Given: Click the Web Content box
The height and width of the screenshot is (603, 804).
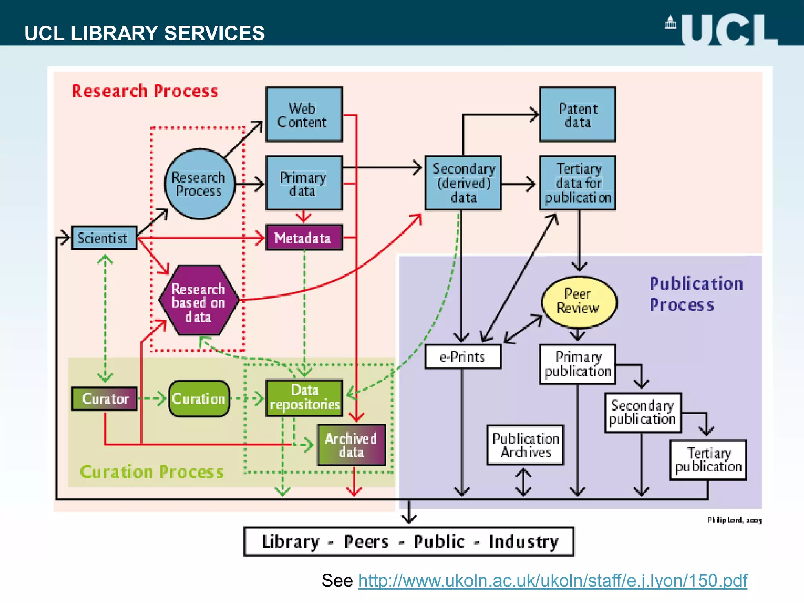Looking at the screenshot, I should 304,114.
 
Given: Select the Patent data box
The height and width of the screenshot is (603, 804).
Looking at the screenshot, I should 577,114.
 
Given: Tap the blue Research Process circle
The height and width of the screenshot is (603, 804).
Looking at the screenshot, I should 199,184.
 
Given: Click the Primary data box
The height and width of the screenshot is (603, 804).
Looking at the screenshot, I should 304,183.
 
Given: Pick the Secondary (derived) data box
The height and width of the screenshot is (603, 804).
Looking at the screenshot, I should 463,183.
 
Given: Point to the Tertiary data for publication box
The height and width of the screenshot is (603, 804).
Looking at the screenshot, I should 577,183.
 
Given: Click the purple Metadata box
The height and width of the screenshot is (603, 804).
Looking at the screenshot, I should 304,238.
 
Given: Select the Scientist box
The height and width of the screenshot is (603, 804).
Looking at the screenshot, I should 104,238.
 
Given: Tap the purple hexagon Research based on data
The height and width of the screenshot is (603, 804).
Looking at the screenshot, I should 199,301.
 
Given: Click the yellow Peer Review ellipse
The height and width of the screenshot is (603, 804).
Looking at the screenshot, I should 579,301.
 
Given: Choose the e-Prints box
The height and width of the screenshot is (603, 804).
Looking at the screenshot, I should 462,356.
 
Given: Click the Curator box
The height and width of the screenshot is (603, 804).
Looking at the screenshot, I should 104,399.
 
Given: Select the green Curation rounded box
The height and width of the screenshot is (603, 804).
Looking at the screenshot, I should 199,399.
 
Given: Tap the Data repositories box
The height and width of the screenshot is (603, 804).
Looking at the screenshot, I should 304,398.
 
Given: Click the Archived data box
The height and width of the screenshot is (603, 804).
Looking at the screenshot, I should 351,445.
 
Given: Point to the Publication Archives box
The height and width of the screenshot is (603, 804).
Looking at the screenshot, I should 525,445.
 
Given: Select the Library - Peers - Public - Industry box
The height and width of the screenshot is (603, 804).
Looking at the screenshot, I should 408,541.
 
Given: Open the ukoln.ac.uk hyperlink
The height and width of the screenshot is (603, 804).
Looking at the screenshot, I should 552,580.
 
